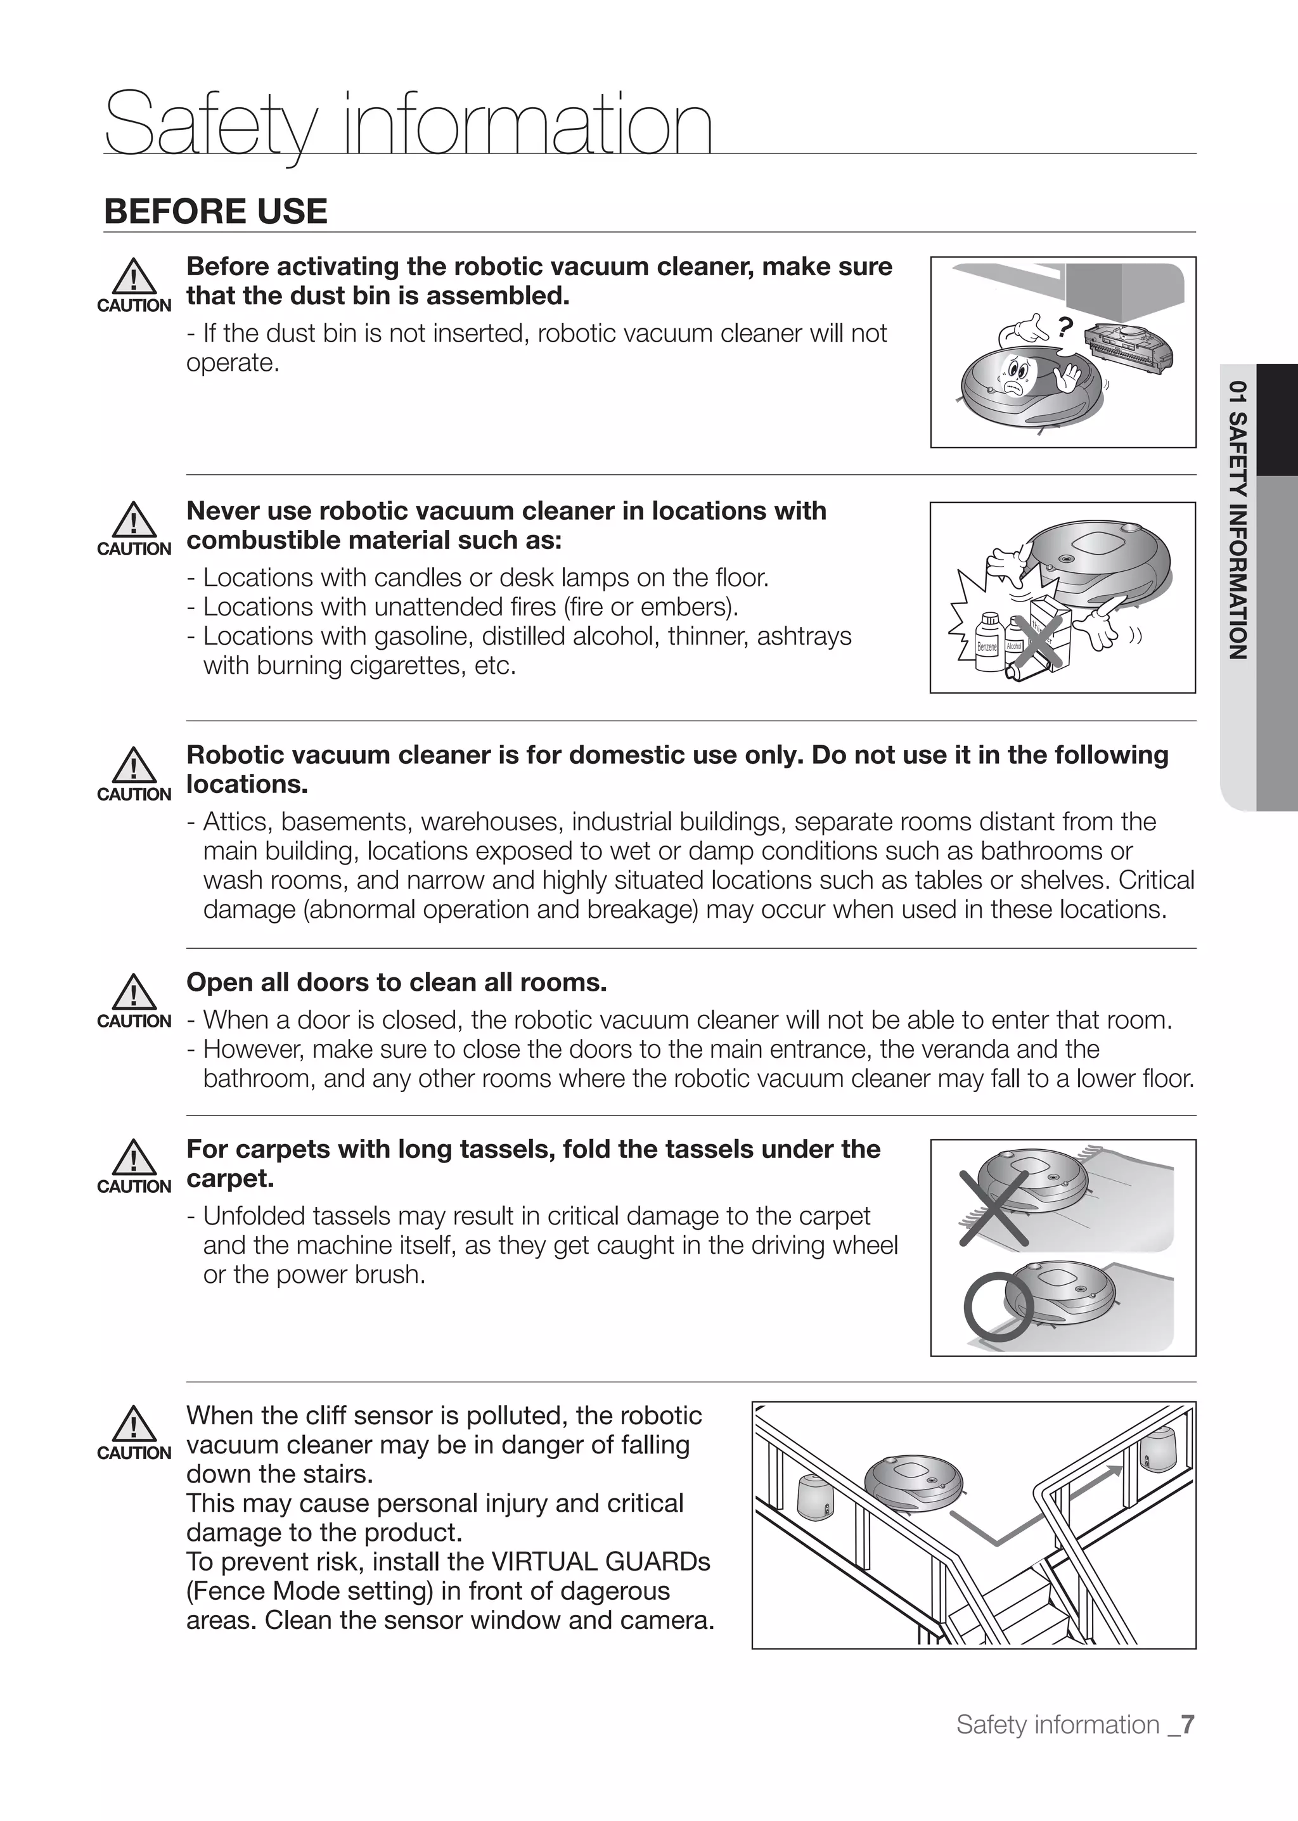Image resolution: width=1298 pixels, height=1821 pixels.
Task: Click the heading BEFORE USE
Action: (x=215, y=212)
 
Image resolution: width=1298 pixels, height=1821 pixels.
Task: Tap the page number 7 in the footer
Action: (x=1187, y=1724)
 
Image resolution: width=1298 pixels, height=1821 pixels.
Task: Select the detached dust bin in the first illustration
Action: (x=1129, y=349)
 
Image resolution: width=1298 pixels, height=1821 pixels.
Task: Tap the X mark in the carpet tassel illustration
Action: (x=994, y=1208)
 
